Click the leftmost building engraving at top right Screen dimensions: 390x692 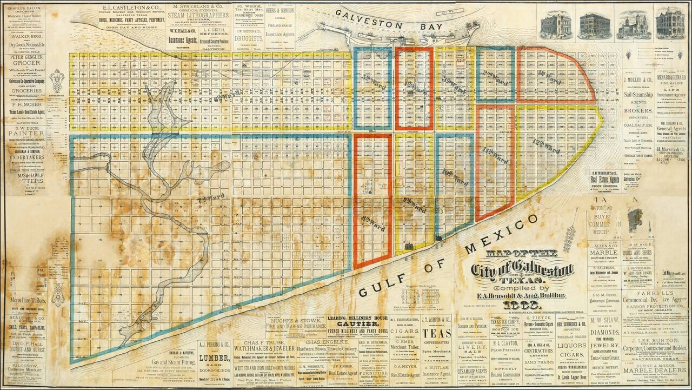pos(555,25)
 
